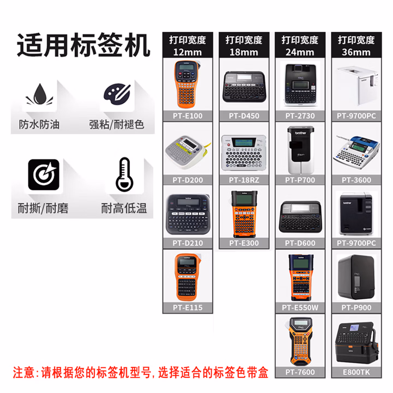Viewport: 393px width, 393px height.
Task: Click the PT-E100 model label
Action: (187, 116)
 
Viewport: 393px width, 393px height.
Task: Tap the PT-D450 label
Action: (244, 116)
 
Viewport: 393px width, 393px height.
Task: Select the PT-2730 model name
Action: (300, 116)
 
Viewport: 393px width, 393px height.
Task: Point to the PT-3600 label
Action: (356, 180)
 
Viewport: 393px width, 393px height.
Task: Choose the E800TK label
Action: (356, 372)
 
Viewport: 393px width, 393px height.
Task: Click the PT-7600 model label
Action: (300, 372)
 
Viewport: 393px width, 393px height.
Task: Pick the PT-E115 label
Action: (187, 308)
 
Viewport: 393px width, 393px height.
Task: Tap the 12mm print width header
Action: (187, 46)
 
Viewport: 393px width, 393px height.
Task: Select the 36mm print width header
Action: (356, 46)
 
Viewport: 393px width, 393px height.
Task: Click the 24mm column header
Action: (300, 46)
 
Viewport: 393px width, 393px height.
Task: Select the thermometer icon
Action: (124, 174)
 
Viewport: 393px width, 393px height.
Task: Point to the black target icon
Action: (44, 175)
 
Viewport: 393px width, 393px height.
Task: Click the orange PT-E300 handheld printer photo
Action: (244, 214)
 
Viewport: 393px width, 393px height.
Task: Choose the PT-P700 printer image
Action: (300, 150)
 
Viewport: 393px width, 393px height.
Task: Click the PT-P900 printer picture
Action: (356, 277)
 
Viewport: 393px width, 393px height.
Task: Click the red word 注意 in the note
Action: (23, 373)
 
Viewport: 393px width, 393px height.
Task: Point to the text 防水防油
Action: (39, 124)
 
